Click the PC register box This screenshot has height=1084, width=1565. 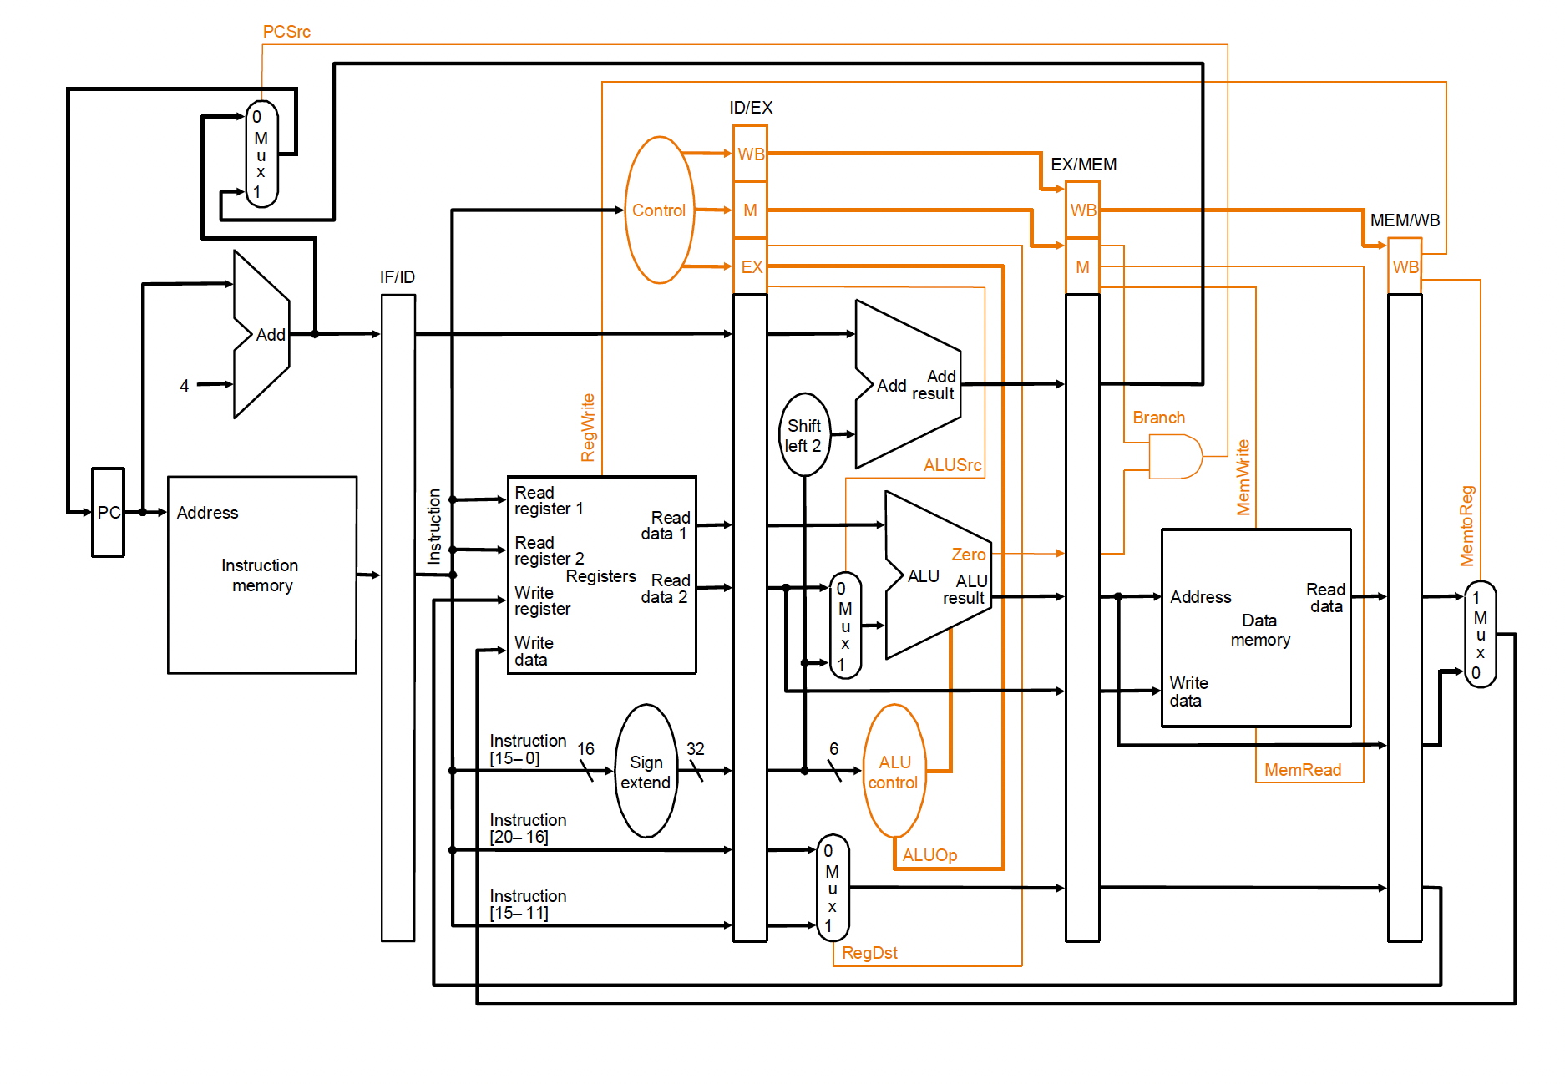pos(108,512)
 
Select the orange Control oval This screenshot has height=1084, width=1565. pos(660,210)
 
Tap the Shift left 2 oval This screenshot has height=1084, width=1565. pos(804,435)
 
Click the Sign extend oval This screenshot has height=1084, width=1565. pos(646,771)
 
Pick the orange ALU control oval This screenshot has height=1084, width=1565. pos(894,771)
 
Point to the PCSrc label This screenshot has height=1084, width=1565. pos(286,32)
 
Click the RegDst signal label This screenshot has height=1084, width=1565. pos(869,953)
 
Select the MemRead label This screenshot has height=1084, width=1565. pos(1303,770)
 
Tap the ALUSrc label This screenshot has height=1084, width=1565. pos(952,465)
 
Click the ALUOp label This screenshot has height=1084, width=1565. pos(929,855)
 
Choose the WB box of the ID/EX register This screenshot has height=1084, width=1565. pos(750,154)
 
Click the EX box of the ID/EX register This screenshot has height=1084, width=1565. pos(750,266)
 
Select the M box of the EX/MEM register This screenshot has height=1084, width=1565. pos(1082,266)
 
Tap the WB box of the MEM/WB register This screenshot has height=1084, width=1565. pos(1405,266)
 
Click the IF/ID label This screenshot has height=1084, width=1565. pos(398,277)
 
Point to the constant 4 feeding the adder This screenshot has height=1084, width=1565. pos(185,386)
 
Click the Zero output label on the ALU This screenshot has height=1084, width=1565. pos(969,555)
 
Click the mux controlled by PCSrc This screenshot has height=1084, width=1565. pos(261,154)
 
